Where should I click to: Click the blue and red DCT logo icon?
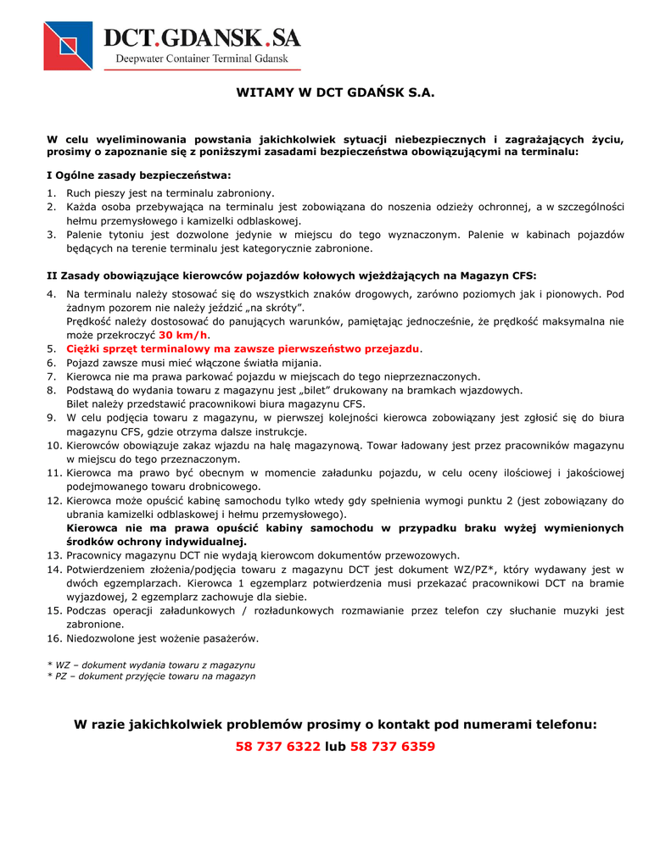coord(69,46)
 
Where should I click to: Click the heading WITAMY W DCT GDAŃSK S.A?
coord(335,92)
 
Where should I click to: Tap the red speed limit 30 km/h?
coord(183,335)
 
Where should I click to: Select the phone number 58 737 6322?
coord(278,747)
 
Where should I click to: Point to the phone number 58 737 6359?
coord(393,747)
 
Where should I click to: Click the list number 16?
coord(53,637)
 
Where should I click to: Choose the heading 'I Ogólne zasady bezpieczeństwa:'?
coord(138,175)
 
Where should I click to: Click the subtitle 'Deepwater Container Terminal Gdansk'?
coord(202,59)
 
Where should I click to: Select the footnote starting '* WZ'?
coord(151,665)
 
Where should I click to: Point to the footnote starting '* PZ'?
coord(151,676)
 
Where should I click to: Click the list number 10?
coord(53,445)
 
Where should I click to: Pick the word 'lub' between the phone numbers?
coord(335,747)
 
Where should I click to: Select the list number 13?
coord(53,555)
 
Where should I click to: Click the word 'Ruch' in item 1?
coord(80,193)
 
